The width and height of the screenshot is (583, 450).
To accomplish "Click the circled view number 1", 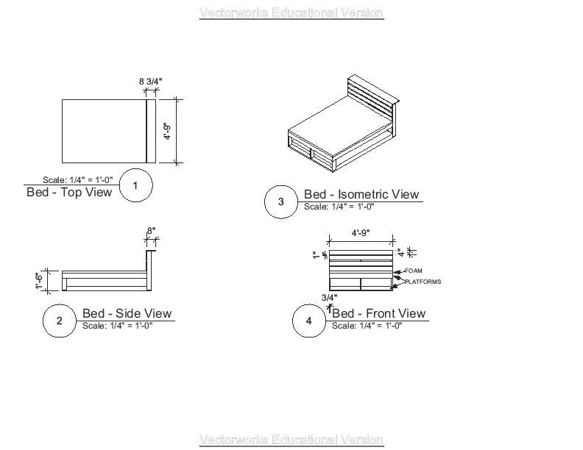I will tap(135, 185).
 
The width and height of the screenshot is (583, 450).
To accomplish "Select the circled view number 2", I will tap(59, 321).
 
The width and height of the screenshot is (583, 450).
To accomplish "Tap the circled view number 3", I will tap(280, 201).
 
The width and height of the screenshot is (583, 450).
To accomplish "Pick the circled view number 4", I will tap(309, 321).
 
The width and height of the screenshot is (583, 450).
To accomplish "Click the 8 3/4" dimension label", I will tap(150, 81).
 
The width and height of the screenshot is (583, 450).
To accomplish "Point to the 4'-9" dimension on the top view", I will tap(167, 131).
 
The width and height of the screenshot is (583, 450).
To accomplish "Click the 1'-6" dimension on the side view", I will tap(40, 281).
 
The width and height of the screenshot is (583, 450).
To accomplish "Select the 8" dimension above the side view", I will tap(151, 231).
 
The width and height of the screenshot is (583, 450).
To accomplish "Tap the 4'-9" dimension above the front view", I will tap(360, 233).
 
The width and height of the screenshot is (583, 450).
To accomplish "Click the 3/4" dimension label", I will tap(329, 298).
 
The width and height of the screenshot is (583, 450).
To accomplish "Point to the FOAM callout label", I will tap(414, 271).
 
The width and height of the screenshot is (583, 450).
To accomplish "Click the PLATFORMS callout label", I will tap(423, 282).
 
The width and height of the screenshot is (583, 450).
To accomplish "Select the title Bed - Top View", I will tap(69, 193).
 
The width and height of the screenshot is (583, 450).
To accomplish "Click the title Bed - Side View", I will tap(127, 314).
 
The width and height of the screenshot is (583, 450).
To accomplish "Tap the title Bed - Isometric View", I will tap(361, 194).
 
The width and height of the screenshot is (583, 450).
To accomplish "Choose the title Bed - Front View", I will tap(379, 314).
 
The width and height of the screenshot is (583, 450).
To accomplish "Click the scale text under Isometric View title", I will tap(339, 207).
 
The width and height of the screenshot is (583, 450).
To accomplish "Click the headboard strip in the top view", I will tap(150, 131).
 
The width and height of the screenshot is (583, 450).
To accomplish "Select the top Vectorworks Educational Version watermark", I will tap(291, 12).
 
